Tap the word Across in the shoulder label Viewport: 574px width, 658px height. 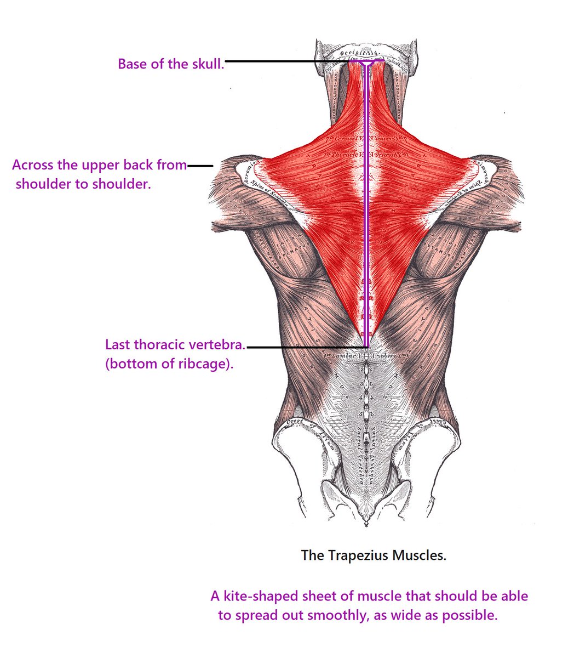33,165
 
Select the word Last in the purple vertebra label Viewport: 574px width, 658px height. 117,345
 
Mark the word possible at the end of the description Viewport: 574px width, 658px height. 473,615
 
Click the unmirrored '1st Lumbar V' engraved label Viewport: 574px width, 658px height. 341,355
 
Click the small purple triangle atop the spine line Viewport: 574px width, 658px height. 366,65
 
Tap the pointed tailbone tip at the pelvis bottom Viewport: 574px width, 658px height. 366,524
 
